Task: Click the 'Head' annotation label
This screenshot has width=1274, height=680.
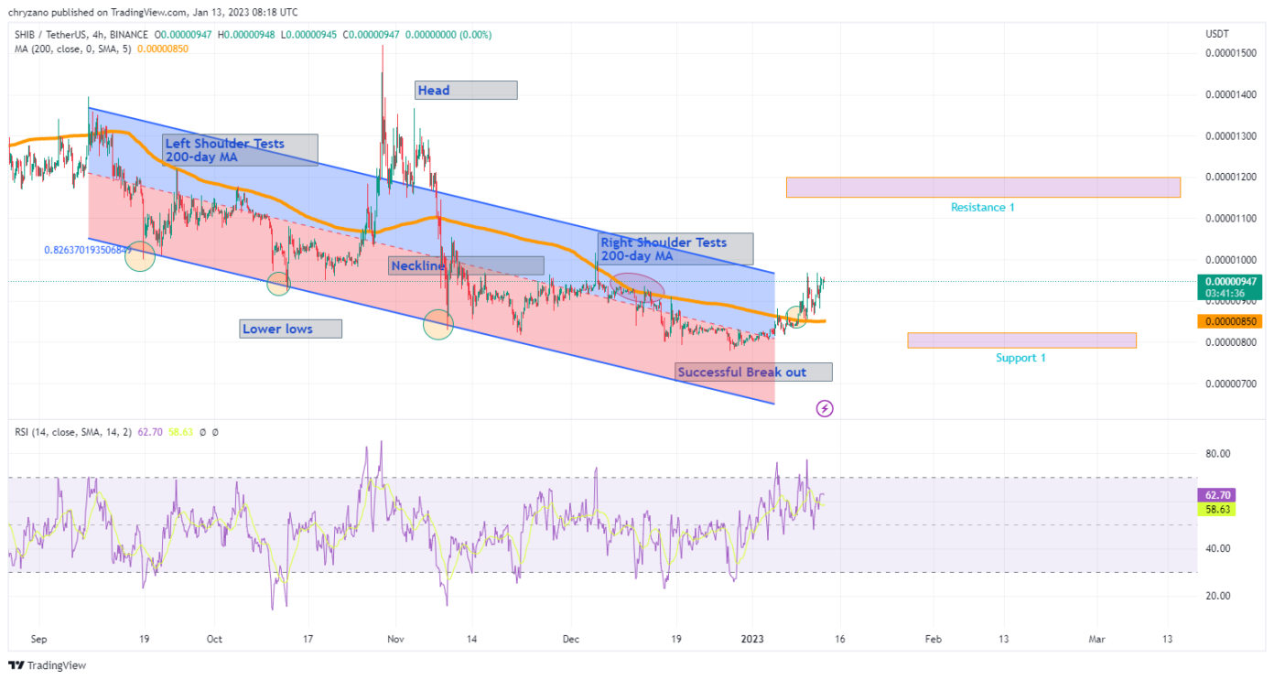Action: (466, 90)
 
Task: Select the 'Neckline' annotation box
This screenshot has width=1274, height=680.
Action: (467, 265)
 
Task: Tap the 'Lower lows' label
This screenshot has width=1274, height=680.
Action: (290, 329)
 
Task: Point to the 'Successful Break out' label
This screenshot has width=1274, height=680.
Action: (753, 372)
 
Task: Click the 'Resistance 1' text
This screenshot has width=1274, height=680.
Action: (982, 208)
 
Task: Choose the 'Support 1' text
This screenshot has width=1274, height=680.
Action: (1020, 358)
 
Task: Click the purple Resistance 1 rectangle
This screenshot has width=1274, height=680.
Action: (982, 187)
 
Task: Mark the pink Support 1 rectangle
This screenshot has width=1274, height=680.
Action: (1021, 340)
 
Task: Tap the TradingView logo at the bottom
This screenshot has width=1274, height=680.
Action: (48, 665)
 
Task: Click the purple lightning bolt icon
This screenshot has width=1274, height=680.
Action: (825, 408)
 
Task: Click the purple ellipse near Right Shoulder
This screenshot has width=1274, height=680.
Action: (637, 288)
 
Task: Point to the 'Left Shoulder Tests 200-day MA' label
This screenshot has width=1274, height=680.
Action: (240, 150)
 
